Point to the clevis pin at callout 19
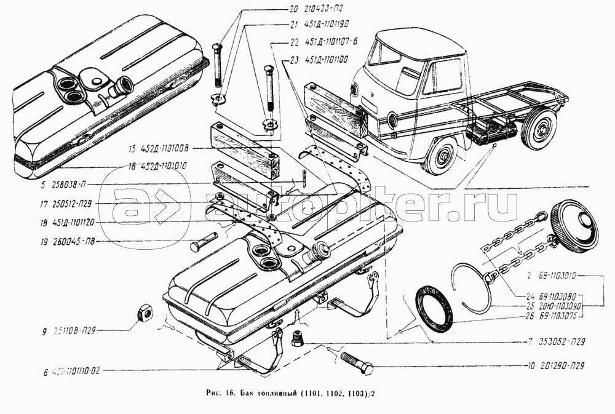point(203,244)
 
